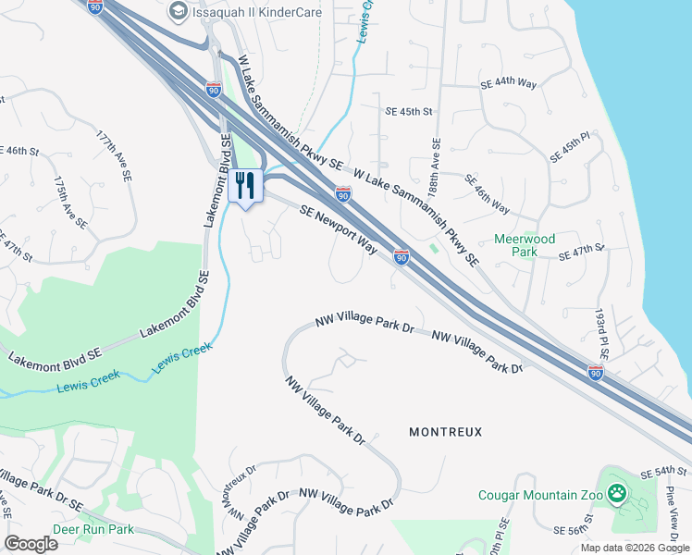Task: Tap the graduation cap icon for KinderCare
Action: click(x=178, y=12)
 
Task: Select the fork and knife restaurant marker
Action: click(x=245, y=185)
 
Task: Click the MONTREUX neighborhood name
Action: click(x=445, y=432)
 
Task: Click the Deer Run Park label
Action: click(x=93, y=530)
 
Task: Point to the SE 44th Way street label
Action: click(x=508, y=83)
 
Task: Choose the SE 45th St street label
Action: click(x=408, y=112)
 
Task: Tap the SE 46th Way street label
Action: click(x=488, y=194)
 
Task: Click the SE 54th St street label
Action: click(x=663, y=472)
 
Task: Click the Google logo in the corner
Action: click(x=31, y=544)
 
